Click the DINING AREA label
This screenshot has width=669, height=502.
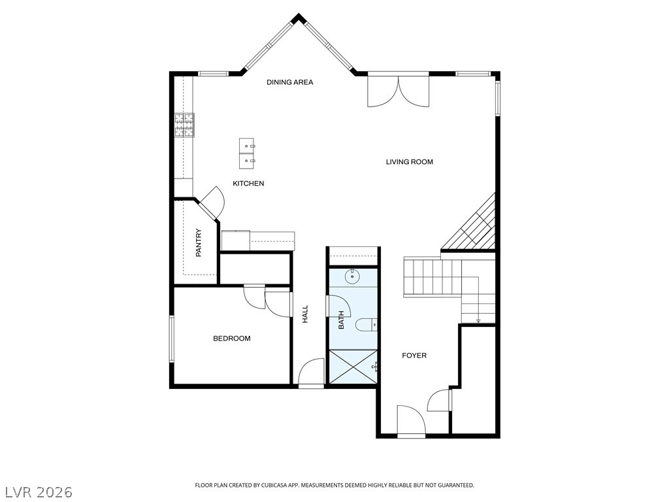click(289, 82)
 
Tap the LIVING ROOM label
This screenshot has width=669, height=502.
click(409, 162)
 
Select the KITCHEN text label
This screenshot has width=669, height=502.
click(248, 184)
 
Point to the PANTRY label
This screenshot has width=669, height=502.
click(199, 243)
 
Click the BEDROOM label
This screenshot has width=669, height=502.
click(232, 339)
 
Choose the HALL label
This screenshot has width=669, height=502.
click(305, 314)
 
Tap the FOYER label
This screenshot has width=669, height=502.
click(414, 356)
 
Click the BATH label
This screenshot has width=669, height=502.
click(341, 320)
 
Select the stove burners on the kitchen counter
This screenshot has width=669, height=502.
click(184, 125)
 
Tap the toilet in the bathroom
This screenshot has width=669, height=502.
click(367, 325)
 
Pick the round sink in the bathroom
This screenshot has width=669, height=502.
click(352, 276)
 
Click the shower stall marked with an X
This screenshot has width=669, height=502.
click(353, 366)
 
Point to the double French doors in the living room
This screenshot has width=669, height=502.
click(399, 90)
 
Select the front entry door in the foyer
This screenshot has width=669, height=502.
click(412, 420)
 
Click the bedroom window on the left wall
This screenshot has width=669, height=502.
click(172, 339)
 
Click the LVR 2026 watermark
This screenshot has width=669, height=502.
click(37, 492)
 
